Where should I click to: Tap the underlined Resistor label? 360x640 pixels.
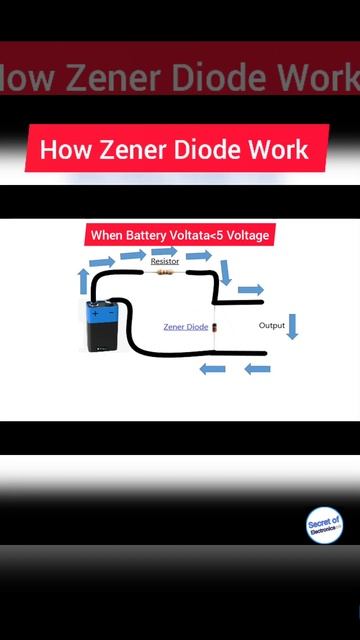(x=165, y=260)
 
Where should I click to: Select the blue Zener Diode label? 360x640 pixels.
(x=186, y=327)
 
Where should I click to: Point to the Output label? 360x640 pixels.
(x=272, y=326)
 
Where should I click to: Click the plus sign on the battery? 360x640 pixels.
(x=96, y=313)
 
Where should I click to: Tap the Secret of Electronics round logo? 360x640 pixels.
(x=324, y=525)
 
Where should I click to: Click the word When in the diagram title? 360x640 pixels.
(x=108, y=236)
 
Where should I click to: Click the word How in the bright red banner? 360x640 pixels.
(x=62, y=151)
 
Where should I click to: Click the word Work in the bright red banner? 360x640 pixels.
(x=281, y=151)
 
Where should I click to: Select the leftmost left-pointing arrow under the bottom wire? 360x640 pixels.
(x=212, y=369)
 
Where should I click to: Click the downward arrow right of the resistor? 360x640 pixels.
(x=225, y=272)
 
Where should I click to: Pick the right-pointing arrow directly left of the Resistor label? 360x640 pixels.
(x=133, y=255)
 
